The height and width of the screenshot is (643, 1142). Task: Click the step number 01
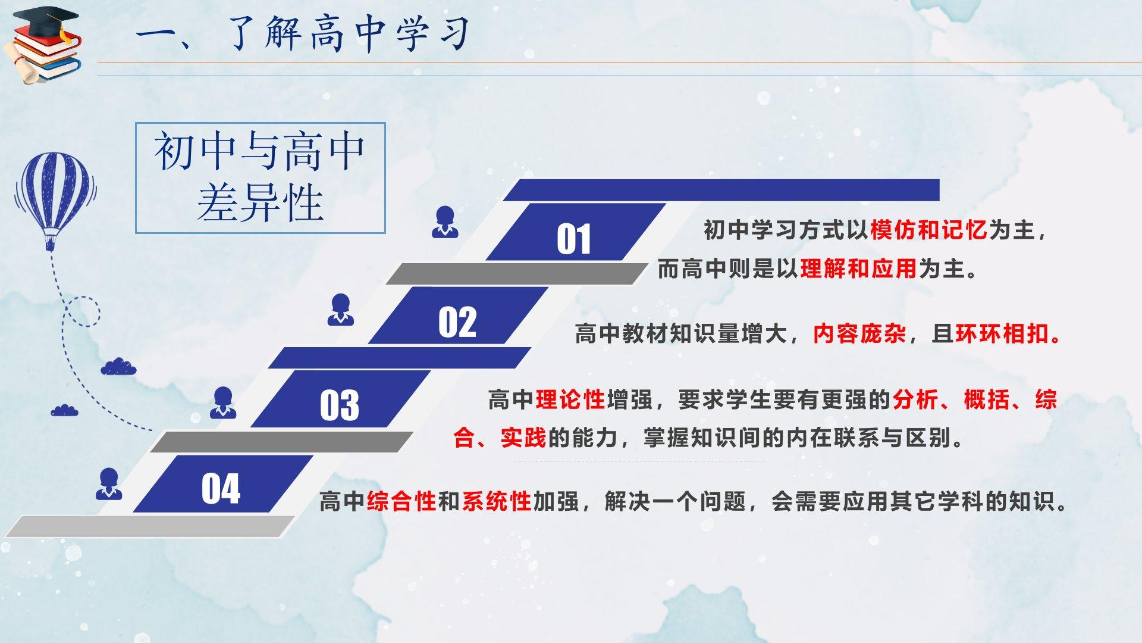[x=574, y=239]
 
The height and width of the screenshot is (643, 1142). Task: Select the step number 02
[x=457, y=323]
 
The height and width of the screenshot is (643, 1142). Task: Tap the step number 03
[x=340, y=405]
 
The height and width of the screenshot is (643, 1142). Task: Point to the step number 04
[x=221, y=489]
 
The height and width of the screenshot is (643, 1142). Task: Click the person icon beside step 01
[x=445, y=222]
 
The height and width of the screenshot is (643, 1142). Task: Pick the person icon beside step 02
[x=341, y=310]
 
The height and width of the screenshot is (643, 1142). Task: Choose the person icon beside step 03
[x=223, y=402]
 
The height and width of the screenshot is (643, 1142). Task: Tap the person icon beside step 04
[x=109, y=483]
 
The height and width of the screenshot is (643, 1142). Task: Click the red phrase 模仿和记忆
[x=928, y=230]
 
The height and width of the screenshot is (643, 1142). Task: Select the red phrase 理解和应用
[x=858, y=269]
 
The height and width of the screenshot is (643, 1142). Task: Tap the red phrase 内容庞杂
[x=859, y=333]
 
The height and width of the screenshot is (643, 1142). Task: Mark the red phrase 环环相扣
[x=1002, y=333]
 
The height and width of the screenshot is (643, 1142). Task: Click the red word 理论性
[x=570, y=399]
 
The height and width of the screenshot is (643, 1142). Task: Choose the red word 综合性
[x=401, y=501]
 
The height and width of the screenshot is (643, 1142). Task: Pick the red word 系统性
[x=497, y=501]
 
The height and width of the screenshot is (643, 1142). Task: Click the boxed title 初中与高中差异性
[x=260, y=177]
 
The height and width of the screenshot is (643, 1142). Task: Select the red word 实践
[x=523, y=438]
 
